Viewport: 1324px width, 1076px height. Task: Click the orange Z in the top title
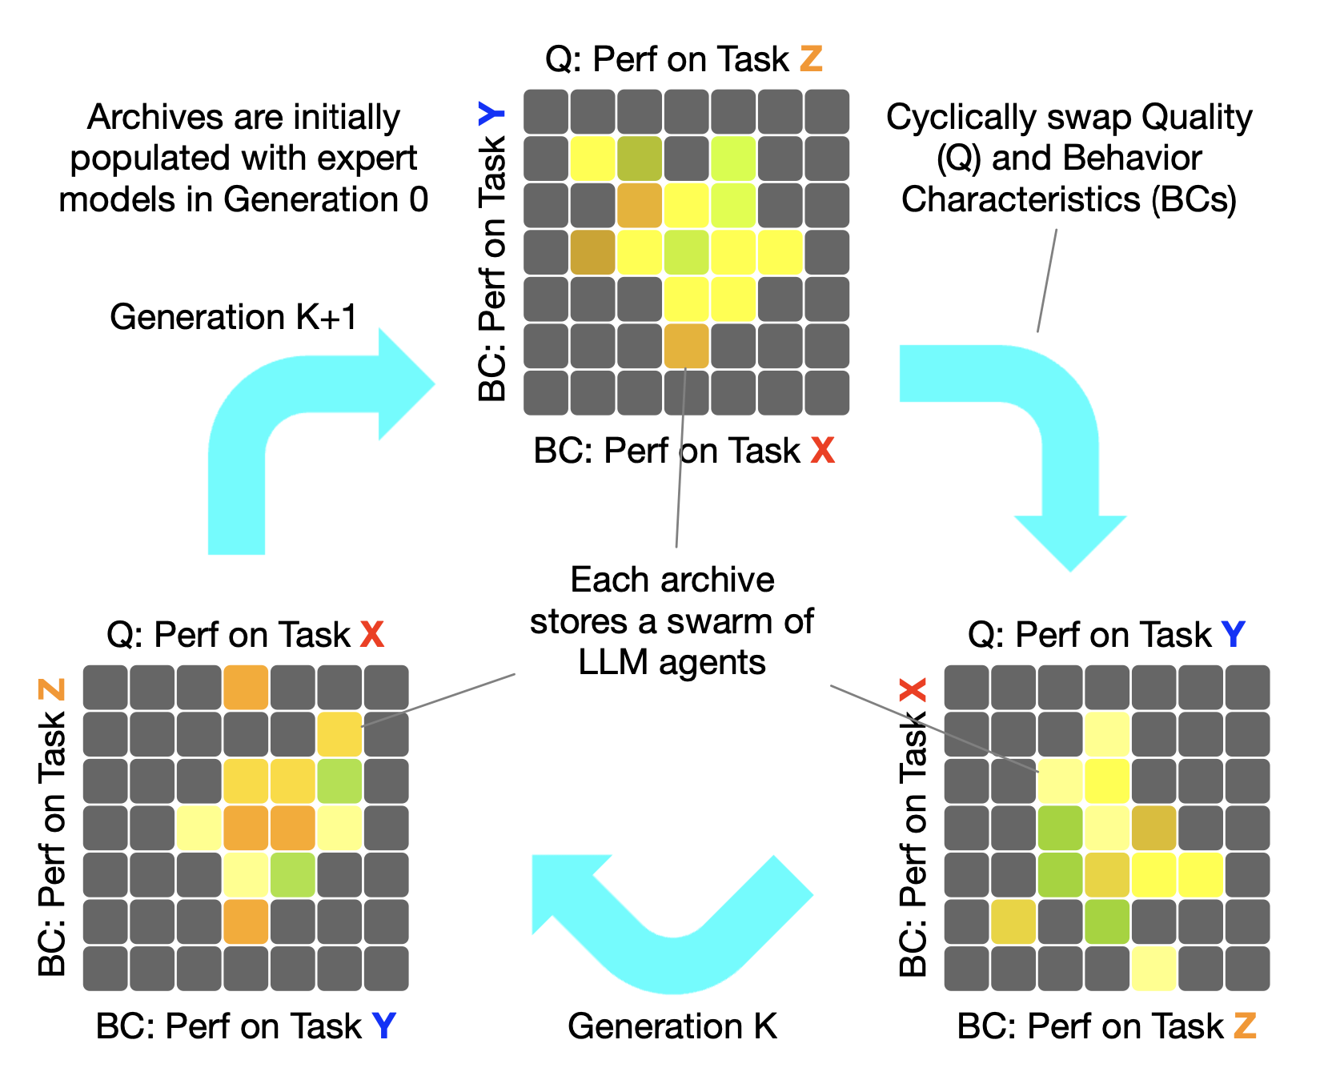click(811, 59)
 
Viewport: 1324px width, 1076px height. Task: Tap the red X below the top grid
click(822, 451)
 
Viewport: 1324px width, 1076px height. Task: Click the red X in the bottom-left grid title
click(372, 635)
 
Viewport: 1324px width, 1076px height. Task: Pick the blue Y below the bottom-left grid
click(384, 1026)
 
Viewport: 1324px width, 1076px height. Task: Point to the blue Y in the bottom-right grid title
click(1234, 635)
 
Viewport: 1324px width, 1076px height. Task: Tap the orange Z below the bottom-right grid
click(1245, 1026)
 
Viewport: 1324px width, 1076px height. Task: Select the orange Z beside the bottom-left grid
click(51, 689)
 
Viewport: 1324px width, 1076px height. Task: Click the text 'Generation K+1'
click(234, 317)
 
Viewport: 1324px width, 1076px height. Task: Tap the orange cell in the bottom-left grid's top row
click(246, 688)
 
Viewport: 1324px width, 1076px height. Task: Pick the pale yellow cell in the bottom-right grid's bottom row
click(1153, 968)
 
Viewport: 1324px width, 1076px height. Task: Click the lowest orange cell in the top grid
click(686, 346)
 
